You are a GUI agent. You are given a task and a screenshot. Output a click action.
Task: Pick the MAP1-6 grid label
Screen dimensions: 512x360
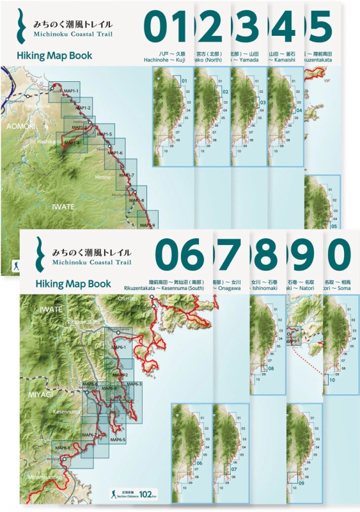click(114, 153)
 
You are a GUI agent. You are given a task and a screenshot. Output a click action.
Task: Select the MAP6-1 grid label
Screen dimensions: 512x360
click(119, 347)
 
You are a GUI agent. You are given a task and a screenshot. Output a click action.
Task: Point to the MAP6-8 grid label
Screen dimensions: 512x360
click(62, 447)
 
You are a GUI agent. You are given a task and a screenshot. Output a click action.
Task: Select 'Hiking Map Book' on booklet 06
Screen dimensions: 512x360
click(73, 284)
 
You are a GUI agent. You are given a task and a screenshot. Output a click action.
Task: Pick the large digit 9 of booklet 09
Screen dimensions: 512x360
click(302, 255)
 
